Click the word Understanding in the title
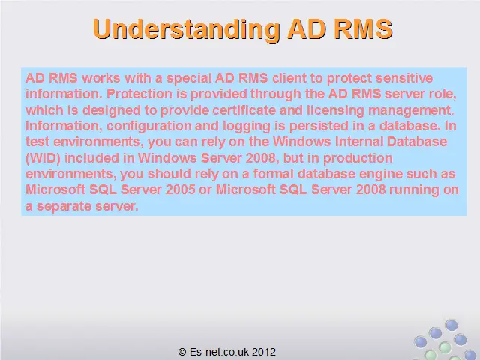[187, 30]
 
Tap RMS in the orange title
[363, 29]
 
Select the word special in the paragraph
[189, 79]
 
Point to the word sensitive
[404, 78]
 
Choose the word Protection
[139, 94]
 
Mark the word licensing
[335, 110]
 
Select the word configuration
[148, 127]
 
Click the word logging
[247, 127]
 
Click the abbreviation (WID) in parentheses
[43, 158]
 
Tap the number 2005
[180, 190]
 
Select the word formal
[273, 174]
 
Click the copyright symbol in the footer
[182, 352]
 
